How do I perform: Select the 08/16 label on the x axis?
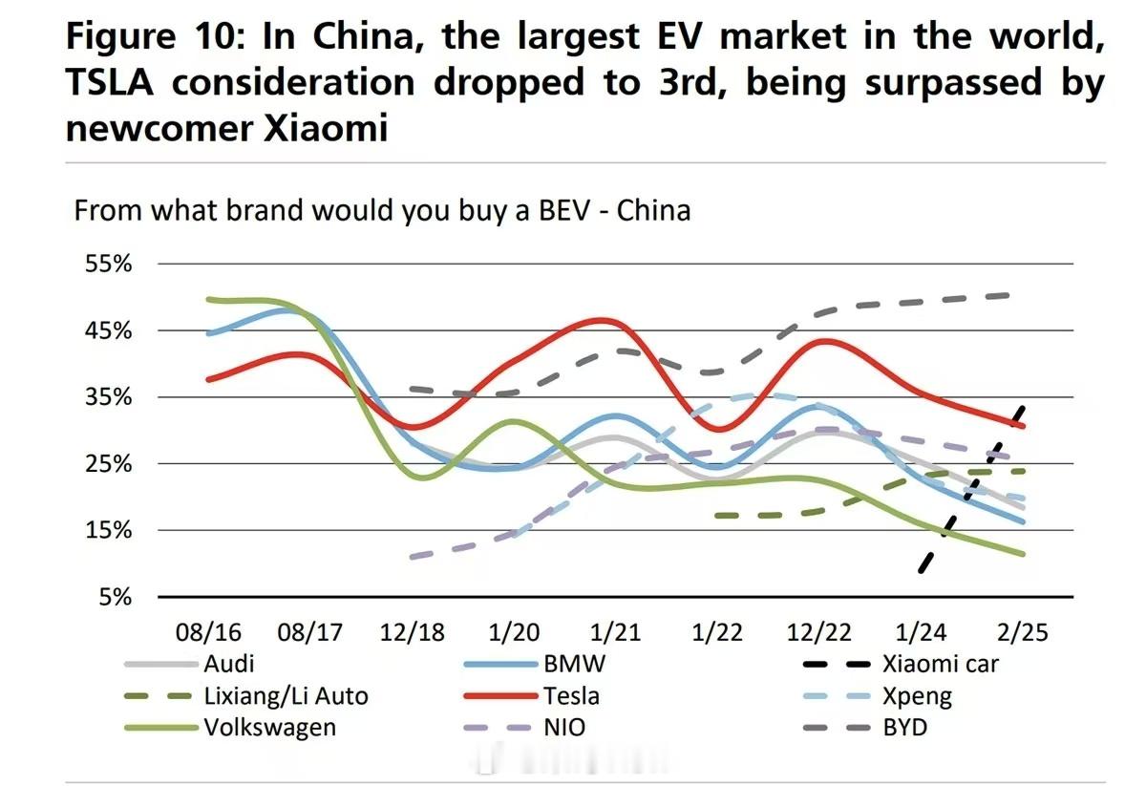click(x=208, y=632)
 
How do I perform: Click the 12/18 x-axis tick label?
click(x=413, y=632)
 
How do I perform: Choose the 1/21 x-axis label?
click(x=615, y=632)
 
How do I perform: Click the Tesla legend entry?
click(x=572, y=695)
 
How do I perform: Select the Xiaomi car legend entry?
click(x=940, y=664)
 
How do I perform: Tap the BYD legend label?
click(x=905, y=727)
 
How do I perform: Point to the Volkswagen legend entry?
click(x=269, y=727)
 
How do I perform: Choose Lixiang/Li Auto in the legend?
click(x=286, y=695)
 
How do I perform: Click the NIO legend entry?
click(x=564, y=727)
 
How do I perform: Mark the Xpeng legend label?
click(x=918, y=695)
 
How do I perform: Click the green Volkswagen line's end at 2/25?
click(x=1023, y=553)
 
